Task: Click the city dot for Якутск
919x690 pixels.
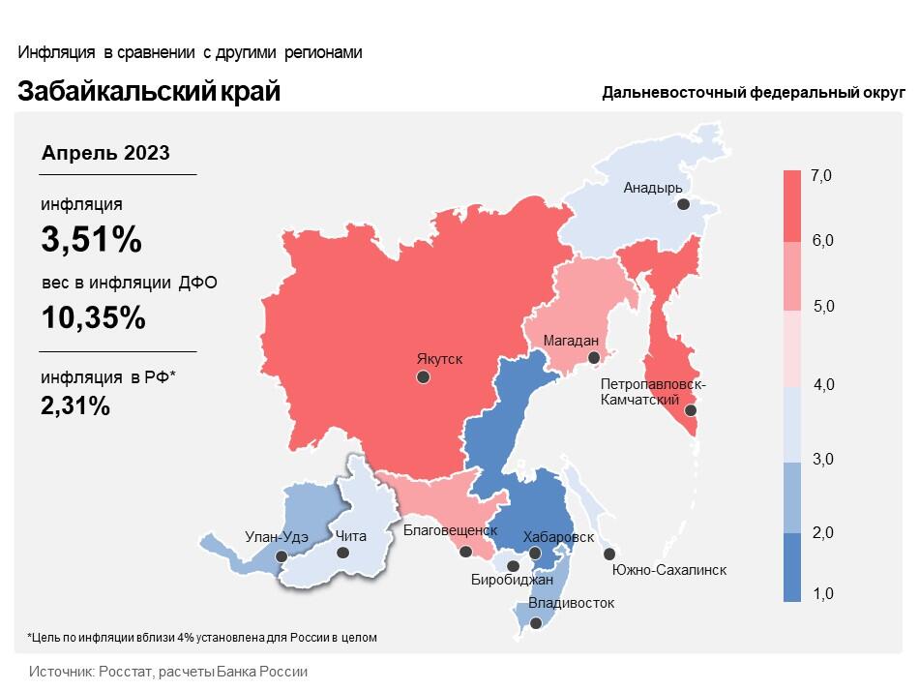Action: pos(423,377)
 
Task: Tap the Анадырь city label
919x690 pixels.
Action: pos(653,188)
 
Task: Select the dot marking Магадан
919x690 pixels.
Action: pos(594,358)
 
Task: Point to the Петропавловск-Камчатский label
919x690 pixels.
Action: pos(653,392)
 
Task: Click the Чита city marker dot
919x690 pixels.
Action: pos(342,553)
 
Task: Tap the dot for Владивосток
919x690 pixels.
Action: pos(535,624)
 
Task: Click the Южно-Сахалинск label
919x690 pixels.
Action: pos(668,570)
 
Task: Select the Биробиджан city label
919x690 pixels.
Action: pos(512,580)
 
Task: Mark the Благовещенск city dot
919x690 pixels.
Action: pos(465,553)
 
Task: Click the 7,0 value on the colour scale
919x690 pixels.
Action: pos(822,175)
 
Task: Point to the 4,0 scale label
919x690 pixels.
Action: pos(823,384)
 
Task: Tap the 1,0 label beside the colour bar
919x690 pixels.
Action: pos(823,593)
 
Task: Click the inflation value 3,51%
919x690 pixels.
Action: pos(91,240)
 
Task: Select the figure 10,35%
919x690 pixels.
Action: pos(93,316)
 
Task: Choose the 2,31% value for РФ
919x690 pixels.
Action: pos(75,405)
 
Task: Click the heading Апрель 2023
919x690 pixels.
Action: pos(105,153)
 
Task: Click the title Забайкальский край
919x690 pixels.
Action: pos(149,92)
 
